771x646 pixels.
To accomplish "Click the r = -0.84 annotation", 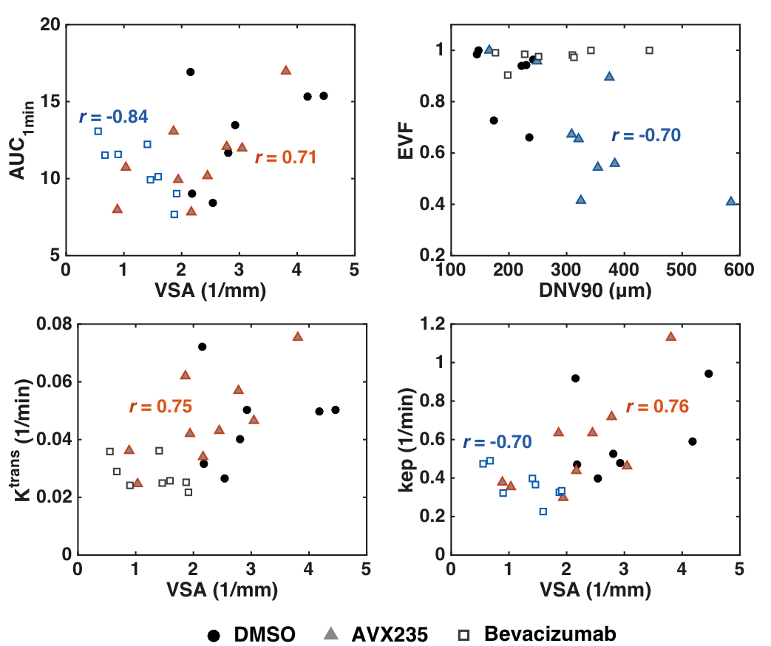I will [x=114, y=117].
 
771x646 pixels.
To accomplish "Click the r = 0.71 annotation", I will [x=285, y=157].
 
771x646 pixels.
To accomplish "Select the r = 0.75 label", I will [x=160, y=406].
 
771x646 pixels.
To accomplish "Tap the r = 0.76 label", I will [x=657, y=407].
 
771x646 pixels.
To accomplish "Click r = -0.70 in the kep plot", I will [x=497, y=442].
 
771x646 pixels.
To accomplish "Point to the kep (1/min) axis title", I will [x=405, y=439].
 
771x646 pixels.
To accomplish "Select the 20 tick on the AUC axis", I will [x=50, y=25].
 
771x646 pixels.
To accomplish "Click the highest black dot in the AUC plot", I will [x=190, y=72].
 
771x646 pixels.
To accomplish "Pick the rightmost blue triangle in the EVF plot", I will [x=731, y=201].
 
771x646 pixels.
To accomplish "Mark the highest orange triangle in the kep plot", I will [x=670, y=336].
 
